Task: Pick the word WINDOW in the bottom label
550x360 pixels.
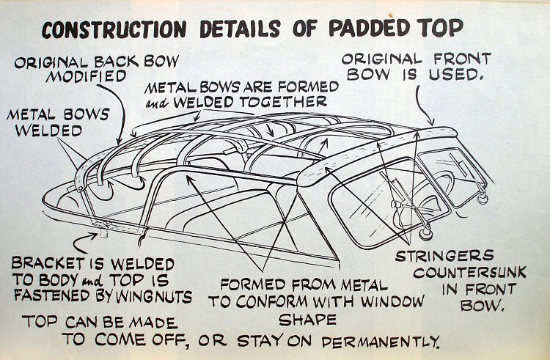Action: pos(393,301)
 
